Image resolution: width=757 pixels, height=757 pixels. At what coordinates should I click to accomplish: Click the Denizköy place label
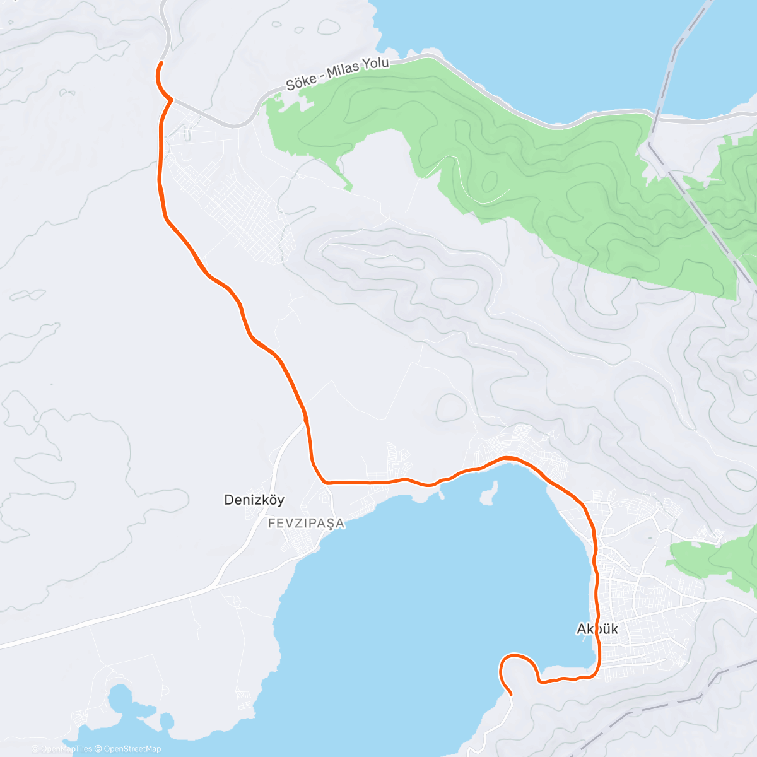coord(254,500)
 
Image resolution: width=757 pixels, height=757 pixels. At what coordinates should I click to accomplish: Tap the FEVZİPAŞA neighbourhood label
coord(307,524)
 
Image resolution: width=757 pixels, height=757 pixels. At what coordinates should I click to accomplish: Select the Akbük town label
coord(597,629)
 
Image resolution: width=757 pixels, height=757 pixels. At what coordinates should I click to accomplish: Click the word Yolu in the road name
coord(376,63)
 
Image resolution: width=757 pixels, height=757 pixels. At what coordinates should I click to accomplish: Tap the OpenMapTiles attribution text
coord(66,749)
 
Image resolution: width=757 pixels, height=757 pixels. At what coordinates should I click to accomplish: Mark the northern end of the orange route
coord(161,63)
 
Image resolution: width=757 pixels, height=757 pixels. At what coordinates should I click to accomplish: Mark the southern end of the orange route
coord(510,694)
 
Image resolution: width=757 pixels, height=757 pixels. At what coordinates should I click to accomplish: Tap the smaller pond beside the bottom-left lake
coord(166,721)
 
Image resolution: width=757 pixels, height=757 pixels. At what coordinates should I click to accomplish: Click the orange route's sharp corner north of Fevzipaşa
coord(325,482)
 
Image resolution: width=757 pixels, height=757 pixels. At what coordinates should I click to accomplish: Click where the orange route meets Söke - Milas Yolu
coord(169,99)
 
